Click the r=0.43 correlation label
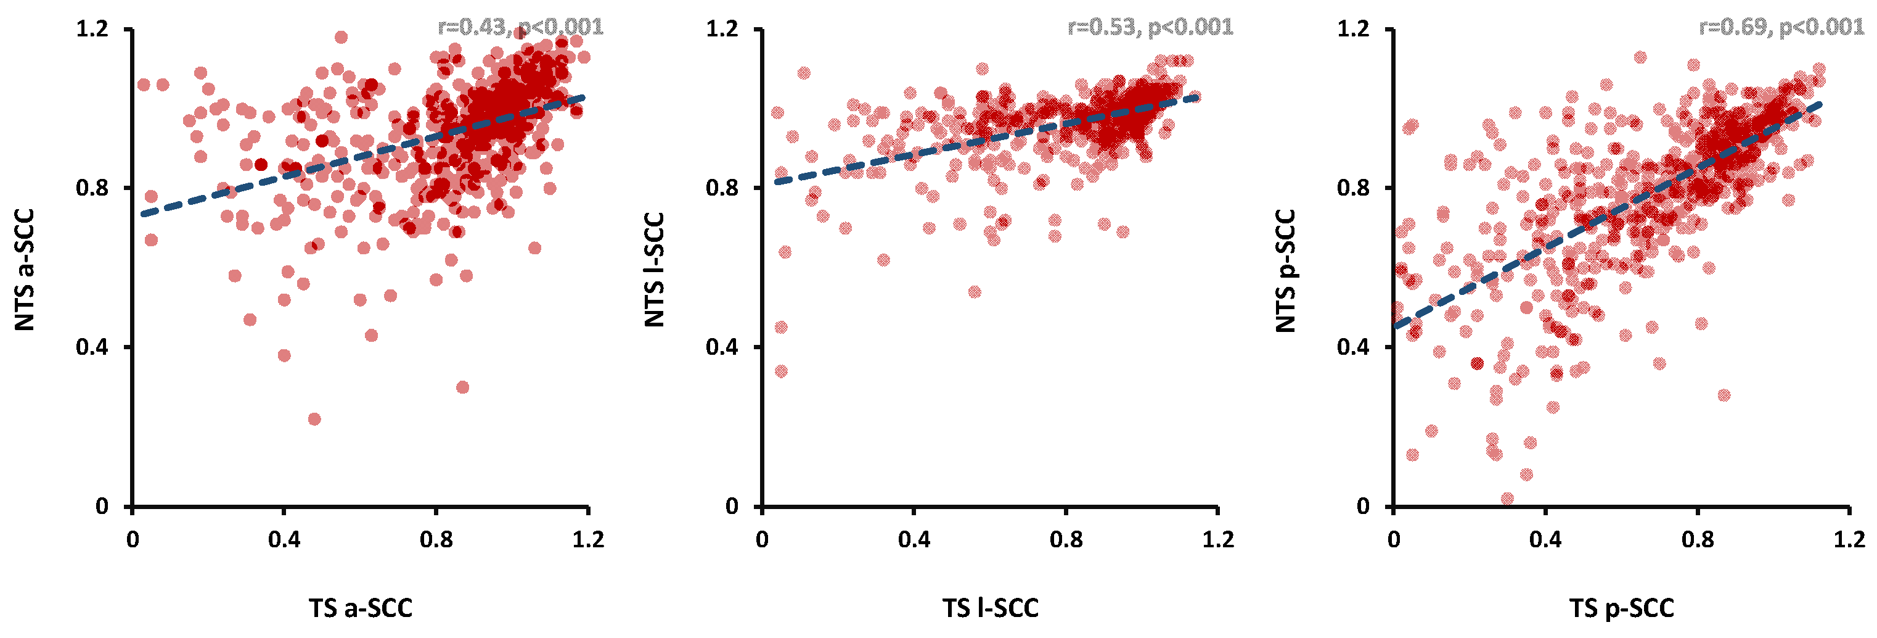520,28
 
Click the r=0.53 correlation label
1150,28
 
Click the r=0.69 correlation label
1781,28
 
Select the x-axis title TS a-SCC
360,607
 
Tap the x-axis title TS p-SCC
1621,607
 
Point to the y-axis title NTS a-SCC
25,270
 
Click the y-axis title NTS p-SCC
1286,270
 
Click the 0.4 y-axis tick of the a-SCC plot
92,347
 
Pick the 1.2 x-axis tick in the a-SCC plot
587,539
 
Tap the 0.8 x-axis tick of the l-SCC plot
1066,539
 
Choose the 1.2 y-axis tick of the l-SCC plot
722,29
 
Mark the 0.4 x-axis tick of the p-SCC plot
1545,539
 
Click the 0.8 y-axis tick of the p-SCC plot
1353,188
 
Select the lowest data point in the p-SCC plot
1508,499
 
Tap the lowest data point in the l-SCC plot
781,371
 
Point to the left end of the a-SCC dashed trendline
144,213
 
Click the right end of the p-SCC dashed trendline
1820,104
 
